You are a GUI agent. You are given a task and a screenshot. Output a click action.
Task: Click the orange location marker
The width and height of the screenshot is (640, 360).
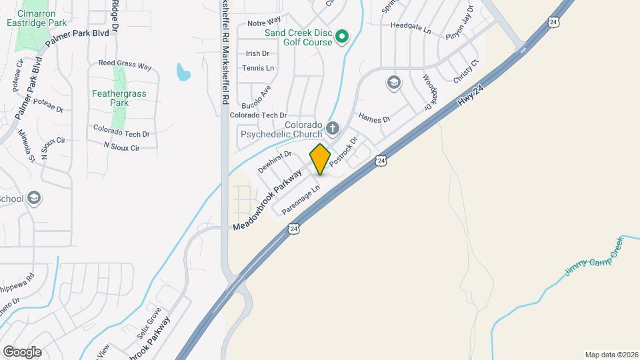[320, 159]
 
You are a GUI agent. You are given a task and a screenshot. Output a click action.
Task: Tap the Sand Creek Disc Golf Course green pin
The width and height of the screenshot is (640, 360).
[342, 36]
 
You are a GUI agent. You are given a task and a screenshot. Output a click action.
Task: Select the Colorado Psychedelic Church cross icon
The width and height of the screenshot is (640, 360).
[332, 127]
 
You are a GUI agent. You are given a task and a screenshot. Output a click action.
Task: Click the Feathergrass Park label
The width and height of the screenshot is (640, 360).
[119, 99]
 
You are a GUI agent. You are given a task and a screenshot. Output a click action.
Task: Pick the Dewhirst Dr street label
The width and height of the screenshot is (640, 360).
[275, 162]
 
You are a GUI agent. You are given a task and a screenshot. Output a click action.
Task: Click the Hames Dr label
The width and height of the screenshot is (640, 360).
[373, 118]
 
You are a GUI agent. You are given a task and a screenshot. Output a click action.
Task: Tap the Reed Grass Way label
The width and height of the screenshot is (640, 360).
[125, 65]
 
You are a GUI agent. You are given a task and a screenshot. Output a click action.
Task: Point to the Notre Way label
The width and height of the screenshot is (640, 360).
[264, 23]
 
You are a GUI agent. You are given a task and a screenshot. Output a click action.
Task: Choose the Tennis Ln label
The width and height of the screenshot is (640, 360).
[258, 68]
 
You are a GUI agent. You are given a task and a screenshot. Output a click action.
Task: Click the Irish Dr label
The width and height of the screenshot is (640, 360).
[257, 53]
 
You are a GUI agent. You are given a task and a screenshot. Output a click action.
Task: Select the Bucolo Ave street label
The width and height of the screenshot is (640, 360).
[256, 97]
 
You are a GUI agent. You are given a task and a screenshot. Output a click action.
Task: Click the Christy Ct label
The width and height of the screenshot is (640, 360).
[466, 72]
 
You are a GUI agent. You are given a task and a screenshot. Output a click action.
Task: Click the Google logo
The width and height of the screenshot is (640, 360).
[22, 351]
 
